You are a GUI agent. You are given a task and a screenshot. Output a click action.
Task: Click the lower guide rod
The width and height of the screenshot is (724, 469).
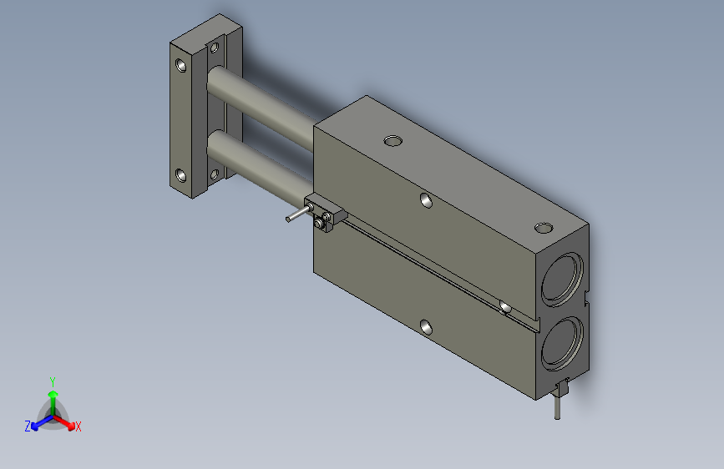260,169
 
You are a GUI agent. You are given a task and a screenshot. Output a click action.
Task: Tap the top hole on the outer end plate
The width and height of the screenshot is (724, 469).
180,66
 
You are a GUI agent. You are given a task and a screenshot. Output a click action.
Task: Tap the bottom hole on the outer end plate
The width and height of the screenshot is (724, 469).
180,176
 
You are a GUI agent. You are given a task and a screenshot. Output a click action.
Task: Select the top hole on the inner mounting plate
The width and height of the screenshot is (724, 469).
215,48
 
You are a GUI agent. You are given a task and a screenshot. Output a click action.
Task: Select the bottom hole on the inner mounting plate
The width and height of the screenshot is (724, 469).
215,174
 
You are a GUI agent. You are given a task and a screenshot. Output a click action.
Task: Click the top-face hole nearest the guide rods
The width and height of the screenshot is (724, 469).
393,141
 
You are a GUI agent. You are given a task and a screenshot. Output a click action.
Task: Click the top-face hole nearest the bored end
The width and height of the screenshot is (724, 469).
544,228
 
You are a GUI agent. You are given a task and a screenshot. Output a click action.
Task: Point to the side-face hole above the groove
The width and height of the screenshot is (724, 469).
426,200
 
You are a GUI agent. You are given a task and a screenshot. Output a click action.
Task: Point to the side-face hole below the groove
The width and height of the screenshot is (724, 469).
426,327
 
